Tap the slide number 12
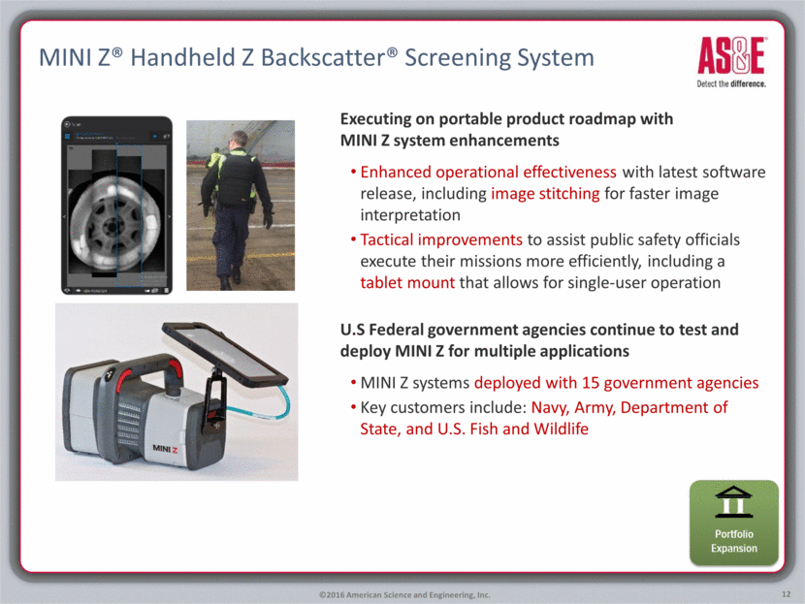click(x=786, y=594)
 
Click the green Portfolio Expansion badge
click(x=733, y=523)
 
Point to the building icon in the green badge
click(x=733, y=501)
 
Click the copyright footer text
click(x=404, y=594)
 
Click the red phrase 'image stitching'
click(x=545, y=194)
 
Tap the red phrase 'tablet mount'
click(x=407, y=283)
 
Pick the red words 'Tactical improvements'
click(x=441, y=239)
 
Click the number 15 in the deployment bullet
click(x=591, y=382)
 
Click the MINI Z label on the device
click(x=165, y=449)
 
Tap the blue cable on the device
click(x=261, y=405)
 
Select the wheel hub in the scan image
click(x=112, y=225)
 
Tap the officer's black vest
click(x=236, y=178)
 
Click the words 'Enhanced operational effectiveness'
click(x=488, y=172)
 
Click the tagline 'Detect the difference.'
click(x=731, y=83)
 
